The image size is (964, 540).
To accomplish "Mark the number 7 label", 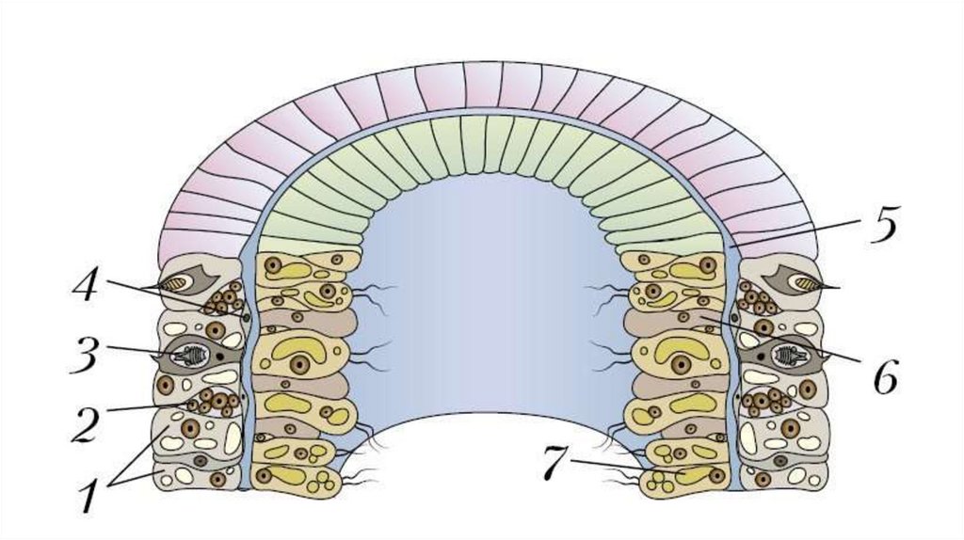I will point(556,462).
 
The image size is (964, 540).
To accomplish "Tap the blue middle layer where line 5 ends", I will point(731,246).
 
